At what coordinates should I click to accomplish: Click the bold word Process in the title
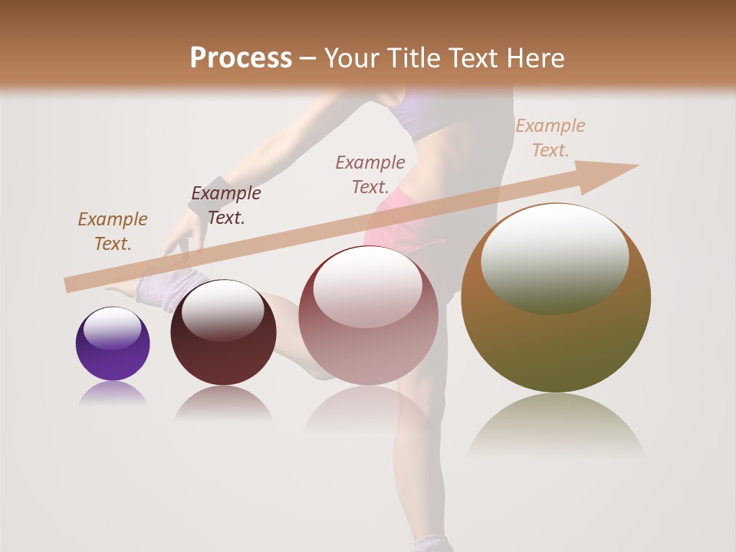point(241,58)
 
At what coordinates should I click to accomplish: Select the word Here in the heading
point(534,58)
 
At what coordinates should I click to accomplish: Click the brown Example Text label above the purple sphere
point(112,232)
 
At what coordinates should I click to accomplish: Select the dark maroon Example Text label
point(225,205)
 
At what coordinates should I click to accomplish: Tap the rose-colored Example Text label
point(370,174)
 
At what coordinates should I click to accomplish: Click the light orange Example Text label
point(550,138)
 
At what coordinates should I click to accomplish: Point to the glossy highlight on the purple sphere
point(112,328)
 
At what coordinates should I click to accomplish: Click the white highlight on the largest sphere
point(555,258)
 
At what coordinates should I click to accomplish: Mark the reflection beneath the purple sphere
point(113,394)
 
